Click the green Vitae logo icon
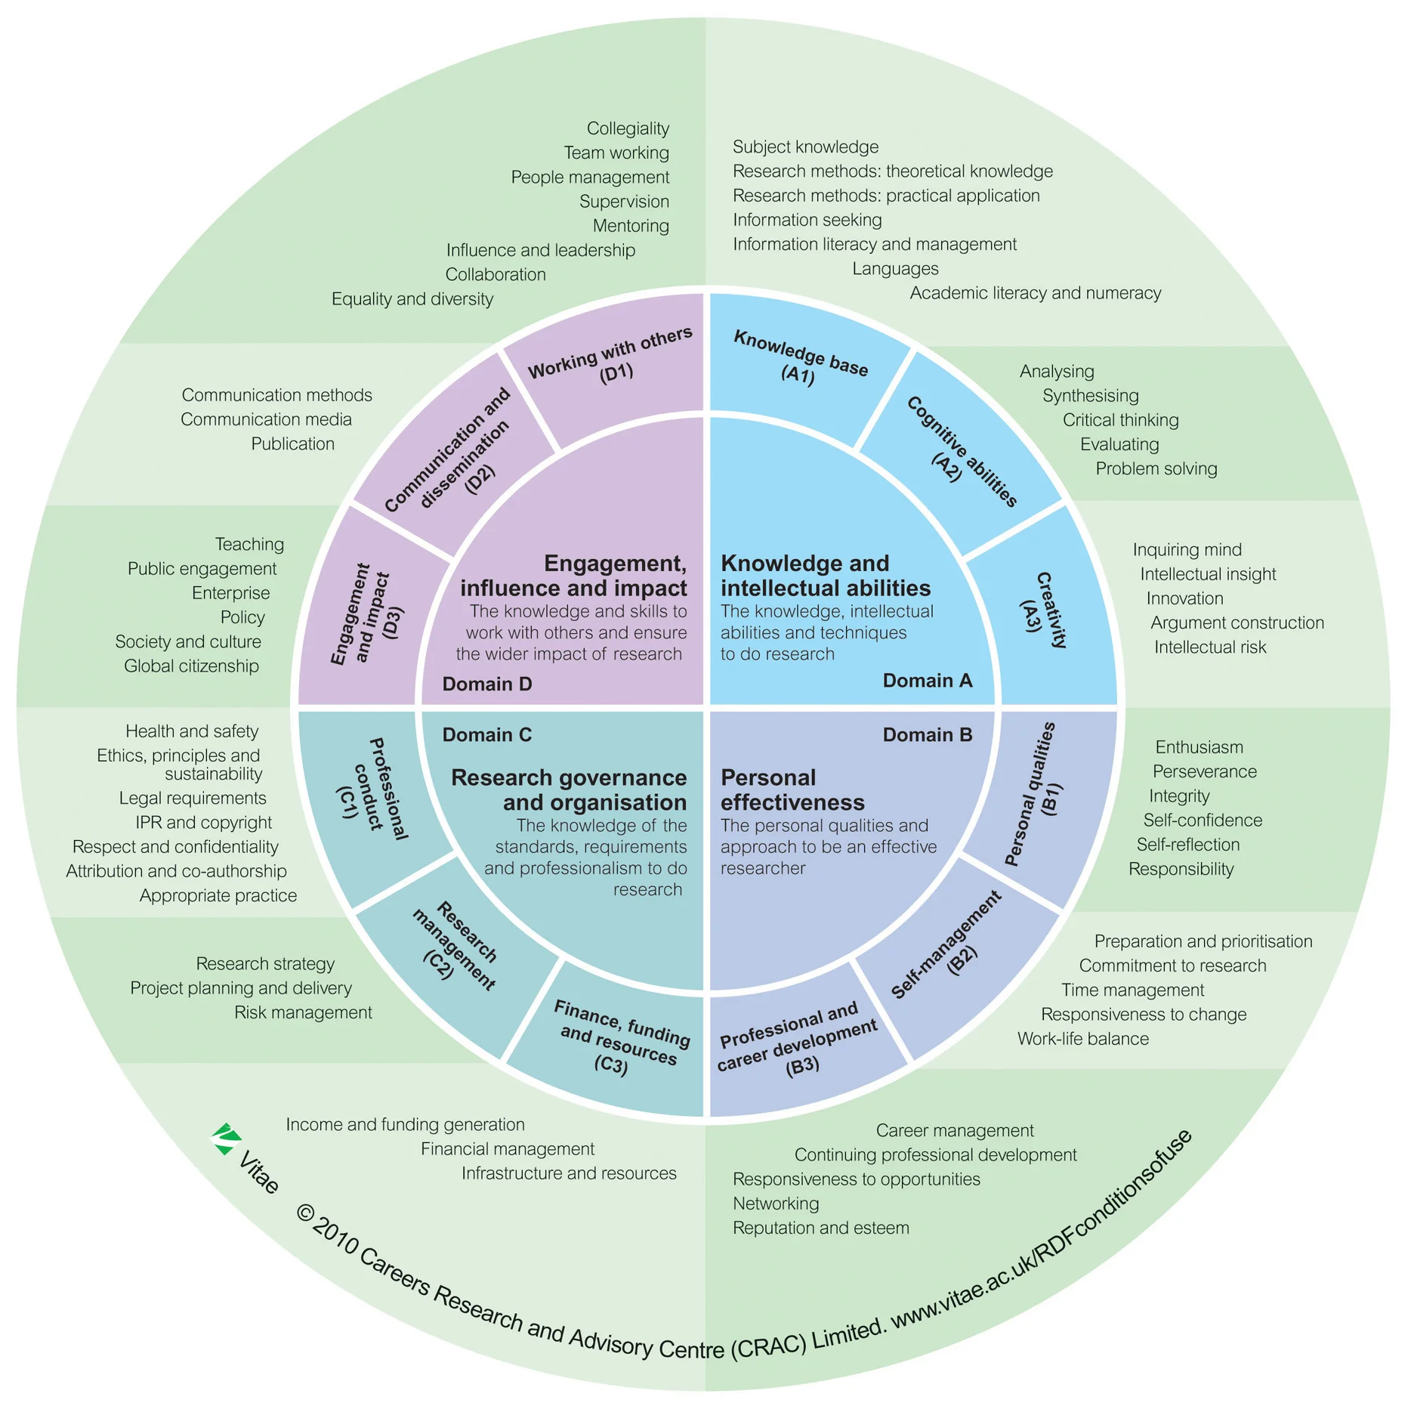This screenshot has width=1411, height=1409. [x=225, y=1139]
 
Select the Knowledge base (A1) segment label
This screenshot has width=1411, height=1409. [x=801, y=357]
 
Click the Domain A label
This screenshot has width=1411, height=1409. [x=928, y=681]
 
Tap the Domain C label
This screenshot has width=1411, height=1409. [x=487, y=735]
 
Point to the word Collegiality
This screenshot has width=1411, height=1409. [x=628, y=128]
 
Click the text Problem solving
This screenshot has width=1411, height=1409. [x=1156, y=468]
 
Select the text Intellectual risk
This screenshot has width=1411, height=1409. [x=1209, y=647]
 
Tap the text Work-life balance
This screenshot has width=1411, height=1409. [x=1082, y=1039]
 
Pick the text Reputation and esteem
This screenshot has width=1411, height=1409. [x=820, y=1228]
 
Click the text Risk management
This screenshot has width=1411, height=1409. [x=303, y=1012]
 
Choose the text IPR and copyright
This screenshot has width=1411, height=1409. [x=203, y=823]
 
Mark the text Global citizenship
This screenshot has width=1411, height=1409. [x=191, y=666]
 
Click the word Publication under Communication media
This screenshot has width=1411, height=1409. [x=292, y=444]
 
